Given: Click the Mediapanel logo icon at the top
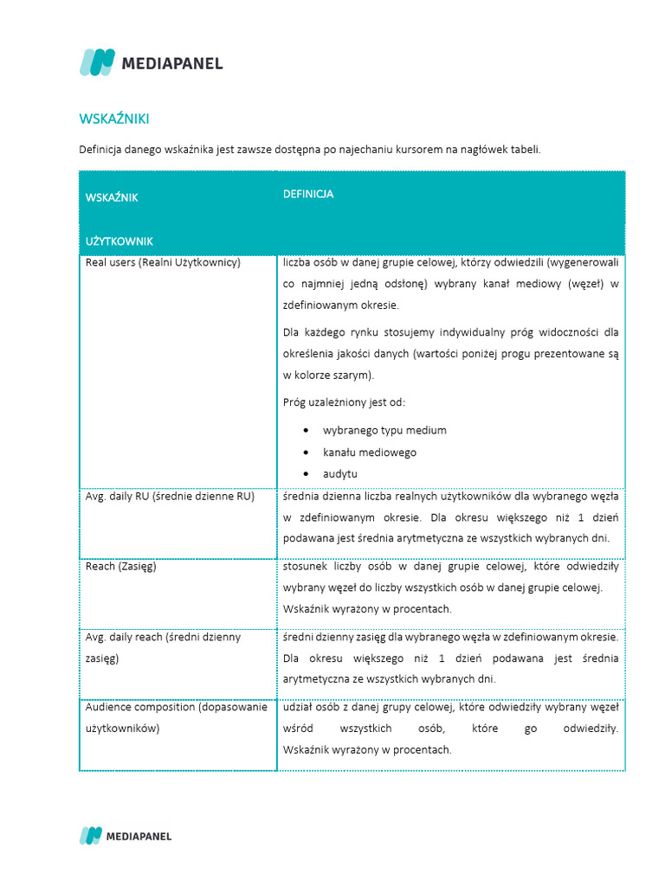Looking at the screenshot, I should (97, 62).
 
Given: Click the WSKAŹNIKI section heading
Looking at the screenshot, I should (119, 119).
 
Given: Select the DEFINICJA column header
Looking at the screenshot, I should (308, 194).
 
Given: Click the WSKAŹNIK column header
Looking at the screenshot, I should (112, 197).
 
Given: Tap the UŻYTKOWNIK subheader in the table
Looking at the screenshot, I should (119, 241).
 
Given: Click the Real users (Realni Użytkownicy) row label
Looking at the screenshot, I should (163, 262).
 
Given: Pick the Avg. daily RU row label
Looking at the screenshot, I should (170, 497).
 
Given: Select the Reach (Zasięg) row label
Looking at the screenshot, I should (121, 567).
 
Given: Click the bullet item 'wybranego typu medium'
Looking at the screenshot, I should (384, 430).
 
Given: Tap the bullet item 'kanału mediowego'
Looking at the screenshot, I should (370, 452).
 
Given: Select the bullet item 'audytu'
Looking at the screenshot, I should (340, 474).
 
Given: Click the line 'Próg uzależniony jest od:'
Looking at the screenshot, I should (344, 402).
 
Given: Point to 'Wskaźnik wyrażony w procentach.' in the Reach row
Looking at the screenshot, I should (367, 608).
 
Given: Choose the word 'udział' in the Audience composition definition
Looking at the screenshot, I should (298, 707).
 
